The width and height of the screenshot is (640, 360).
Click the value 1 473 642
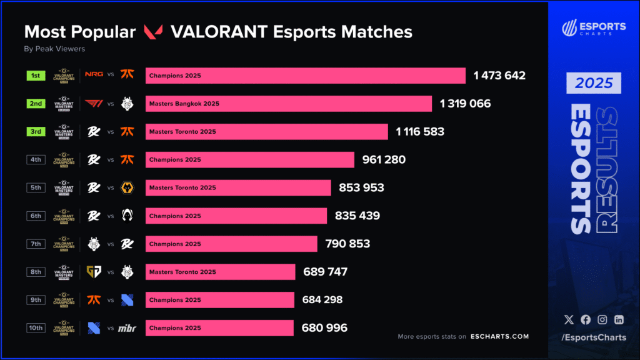[499, 76]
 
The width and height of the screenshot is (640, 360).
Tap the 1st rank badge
[36, 76]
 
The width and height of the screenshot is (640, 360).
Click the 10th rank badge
[36, 328]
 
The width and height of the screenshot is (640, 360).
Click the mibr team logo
[127, 328]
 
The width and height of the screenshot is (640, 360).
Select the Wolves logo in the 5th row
[127, 187]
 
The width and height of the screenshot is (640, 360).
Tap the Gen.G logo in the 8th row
[94, 272]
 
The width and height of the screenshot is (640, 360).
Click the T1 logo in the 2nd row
[94, 104]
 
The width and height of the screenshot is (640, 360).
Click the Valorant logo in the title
[154, 32]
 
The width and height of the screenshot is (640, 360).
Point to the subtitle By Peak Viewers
[54, 49]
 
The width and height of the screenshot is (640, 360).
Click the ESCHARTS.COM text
[500, 337]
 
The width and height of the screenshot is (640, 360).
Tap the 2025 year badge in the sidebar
[594, 83]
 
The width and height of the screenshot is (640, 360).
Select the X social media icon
[568, 319]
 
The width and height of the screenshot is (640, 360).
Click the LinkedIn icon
[619, 319]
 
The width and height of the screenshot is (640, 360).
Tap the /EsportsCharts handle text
[593, 338]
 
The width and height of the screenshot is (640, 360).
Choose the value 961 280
[384, 160]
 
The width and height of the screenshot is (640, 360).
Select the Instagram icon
[602, 319]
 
